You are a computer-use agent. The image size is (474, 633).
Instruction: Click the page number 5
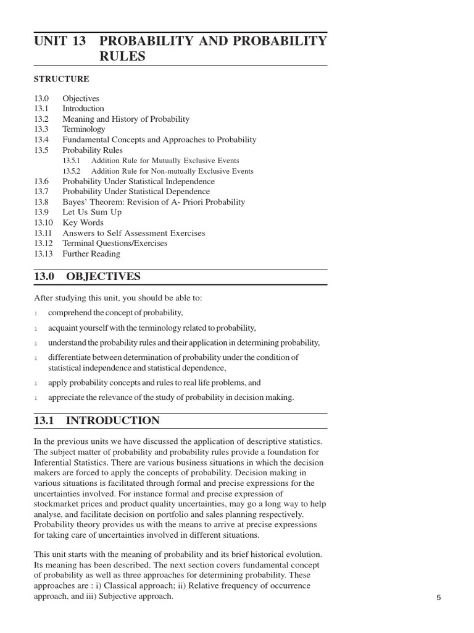coord(438,598)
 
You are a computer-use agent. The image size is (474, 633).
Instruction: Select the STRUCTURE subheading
coord(62,79)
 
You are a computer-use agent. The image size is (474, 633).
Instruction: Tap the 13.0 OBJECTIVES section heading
coord(88,276)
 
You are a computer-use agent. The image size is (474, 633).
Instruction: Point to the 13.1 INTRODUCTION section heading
coord(97,421)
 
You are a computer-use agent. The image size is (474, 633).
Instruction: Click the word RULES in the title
coord(122,56)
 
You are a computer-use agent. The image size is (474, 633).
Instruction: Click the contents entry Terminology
coord(84,129)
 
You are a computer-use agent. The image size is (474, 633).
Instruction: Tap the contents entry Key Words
coord(83,223)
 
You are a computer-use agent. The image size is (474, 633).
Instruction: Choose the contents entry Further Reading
coord(91,253)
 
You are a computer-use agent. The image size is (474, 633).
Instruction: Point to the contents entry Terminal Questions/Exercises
coord(115,243)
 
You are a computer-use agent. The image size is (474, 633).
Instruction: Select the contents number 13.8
coord(41,202)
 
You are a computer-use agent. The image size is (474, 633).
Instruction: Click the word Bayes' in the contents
coord(75,202)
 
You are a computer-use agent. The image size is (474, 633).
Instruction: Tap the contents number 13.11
coord(43,233)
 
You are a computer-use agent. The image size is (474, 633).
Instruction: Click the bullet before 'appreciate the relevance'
coord(36,398)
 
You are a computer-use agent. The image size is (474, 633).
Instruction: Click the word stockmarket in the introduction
coord(56,504)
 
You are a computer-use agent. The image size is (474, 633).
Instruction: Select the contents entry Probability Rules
coord(93,150)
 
